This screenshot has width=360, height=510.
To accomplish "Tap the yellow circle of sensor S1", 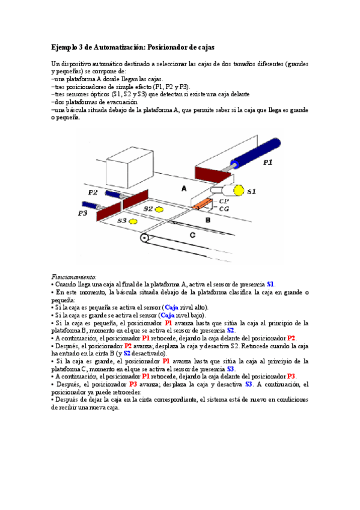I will click(x=239, y=191).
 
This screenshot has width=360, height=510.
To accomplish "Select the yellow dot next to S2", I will click(x=159, y=209).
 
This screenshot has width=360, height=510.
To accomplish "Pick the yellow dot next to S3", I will click(x=133, y=221).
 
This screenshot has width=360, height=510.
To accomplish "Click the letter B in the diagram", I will click(x=207, y=220).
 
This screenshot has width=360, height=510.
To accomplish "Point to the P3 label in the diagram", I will click(x=83, y=213).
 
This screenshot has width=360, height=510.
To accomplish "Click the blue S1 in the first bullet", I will click(x=270, y=284).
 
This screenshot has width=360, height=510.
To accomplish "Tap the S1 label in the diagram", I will click(x=252, y=191).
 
